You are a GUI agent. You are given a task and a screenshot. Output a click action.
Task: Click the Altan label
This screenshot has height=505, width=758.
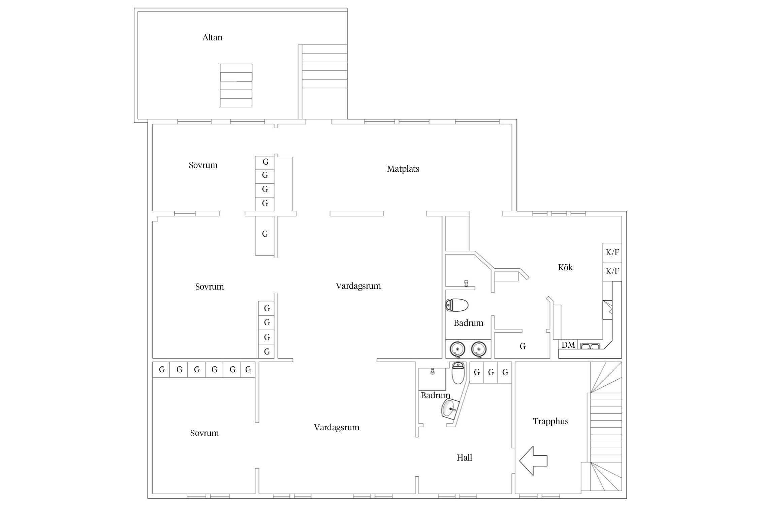212,37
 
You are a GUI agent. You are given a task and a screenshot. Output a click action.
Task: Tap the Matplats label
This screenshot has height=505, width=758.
403,169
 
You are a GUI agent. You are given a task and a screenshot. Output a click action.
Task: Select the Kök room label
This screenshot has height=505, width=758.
565,267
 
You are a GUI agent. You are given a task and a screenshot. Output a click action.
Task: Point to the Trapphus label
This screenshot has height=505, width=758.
550,422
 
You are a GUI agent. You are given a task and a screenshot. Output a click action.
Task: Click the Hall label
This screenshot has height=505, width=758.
464,458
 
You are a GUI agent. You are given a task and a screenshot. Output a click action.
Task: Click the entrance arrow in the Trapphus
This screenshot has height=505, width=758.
533,461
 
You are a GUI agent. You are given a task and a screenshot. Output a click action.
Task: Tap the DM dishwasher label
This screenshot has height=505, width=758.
568,345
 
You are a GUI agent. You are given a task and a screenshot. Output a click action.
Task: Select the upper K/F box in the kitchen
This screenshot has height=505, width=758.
612,252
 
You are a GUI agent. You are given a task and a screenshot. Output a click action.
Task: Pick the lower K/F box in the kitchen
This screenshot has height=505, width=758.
612,271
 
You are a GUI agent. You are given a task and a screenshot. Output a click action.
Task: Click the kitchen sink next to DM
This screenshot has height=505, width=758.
590,346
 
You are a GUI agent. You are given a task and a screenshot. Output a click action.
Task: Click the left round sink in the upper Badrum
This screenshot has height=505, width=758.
457,349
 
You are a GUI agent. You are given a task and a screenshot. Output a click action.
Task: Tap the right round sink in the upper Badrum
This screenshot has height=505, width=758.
479,349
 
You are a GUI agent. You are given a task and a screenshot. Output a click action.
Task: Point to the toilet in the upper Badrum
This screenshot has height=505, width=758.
457,305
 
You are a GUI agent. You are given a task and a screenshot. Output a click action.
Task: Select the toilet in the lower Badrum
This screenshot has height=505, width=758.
458,373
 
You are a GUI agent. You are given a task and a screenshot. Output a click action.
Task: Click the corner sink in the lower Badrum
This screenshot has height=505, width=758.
450,409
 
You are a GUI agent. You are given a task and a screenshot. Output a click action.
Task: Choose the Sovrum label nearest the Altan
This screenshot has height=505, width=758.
203,165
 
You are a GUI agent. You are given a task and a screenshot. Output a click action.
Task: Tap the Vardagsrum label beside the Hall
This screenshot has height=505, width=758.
337,428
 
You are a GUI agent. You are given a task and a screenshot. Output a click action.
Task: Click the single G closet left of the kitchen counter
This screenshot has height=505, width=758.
523,346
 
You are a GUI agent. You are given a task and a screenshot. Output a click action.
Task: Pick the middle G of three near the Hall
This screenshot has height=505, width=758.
491,372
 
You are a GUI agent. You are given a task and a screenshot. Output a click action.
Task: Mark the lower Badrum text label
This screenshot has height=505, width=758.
435,396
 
